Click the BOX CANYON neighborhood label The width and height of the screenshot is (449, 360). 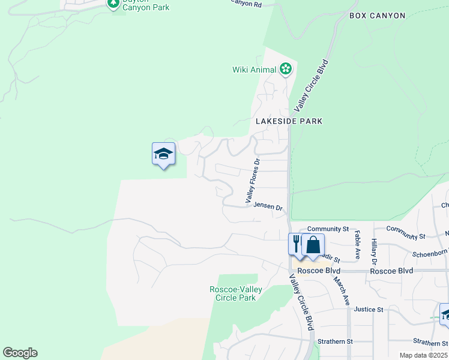(x=378, y=16)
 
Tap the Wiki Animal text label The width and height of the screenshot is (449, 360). (x=254, y=70)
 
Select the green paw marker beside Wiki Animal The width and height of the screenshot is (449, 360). (x=286, y=70)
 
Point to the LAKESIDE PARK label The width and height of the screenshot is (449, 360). (x=289, y=121)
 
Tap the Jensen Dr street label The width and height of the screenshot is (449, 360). (x=268, y=206)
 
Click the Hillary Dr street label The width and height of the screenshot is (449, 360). (x=373, y=252)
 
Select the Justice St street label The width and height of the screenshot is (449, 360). (x=368, y=310)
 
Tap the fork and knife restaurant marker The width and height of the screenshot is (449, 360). (x=297, y=244)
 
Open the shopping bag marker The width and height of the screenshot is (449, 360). (x=313, y=244)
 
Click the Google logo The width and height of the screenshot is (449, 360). (x=20, y=353)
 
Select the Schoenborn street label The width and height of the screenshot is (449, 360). (x=430, y=253)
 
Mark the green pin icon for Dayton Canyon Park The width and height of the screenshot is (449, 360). (x=113, y=4)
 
